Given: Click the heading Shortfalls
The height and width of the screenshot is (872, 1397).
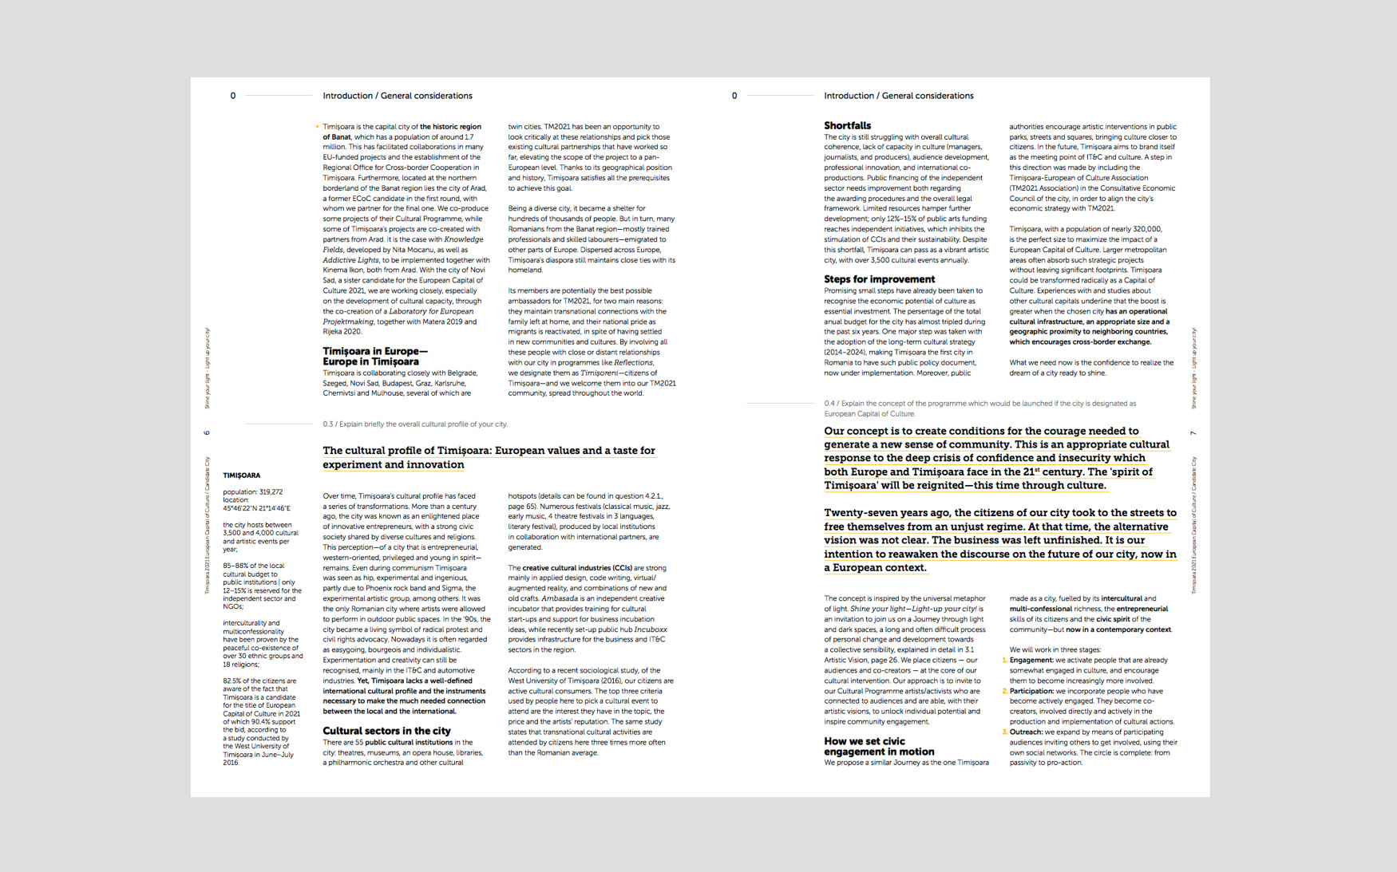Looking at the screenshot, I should tap(847, 126).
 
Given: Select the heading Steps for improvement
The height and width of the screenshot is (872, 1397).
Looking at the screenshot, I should tap(879, 279).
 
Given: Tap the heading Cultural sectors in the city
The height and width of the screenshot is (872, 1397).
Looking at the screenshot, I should tap(386, 731).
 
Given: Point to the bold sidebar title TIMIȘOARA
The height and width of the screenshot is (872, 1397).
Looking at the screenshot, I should tap(241, 475).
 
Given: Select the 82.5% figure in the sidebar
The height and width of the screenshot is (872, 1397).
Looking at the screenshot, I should tap(232, 681).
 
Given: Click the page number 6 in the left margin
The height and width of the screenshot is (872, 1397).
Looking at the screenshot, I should tap(207, 433).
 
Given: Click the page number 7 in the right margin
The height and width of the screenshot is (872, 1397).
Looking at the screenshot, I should tap(1193, 433).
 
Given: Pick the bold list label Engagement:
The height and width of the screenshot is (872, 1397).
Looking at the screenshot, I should tap(1031, 661).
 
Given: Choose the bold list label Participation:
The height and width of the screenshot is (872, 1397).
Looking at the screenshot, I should tap(1031, 692).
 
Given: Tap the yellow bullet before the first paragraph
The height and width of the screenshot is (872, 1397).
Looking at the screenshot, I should tap(317, 127).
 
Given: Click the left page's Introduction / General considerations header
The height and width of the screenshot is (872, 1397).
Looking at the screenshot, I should tap(397, 96).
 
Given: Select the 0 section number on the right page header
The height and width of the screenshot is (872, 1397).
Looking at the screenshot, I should tap(734, 96).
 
